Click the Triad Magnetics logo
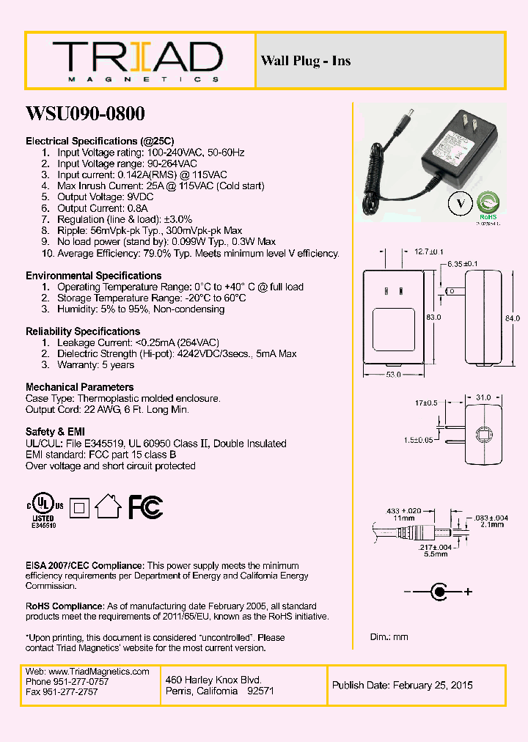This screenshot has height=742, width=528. [136, 61]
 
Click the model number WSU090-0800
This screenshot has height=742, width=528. [85, 114]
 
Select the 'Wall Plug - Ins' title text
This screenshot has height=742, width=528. [306, 61]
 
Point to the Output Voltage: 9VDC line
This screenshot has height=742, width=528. [106, 197]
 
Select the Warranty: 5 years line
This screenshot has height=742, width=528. [96, 364]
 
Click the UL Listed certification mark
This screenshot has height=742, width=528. [46, 508]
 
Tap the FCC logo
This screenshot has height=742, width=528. [146, 507]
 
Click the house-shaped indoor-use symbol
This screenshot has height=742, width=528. [109, 506]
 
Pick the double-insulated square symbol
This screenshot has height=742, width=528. [79, 507]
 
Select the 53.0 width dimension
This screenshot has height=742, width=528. [393, 375]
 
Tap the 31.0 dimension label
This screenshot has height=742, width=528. [483, 397]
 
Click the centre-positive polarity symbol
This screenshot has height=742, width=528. [439, 591]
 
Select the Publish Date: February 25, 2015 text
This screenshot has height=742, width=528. [403, 686]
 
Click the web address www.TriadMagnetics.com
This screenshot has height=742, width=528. [98, 672]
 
